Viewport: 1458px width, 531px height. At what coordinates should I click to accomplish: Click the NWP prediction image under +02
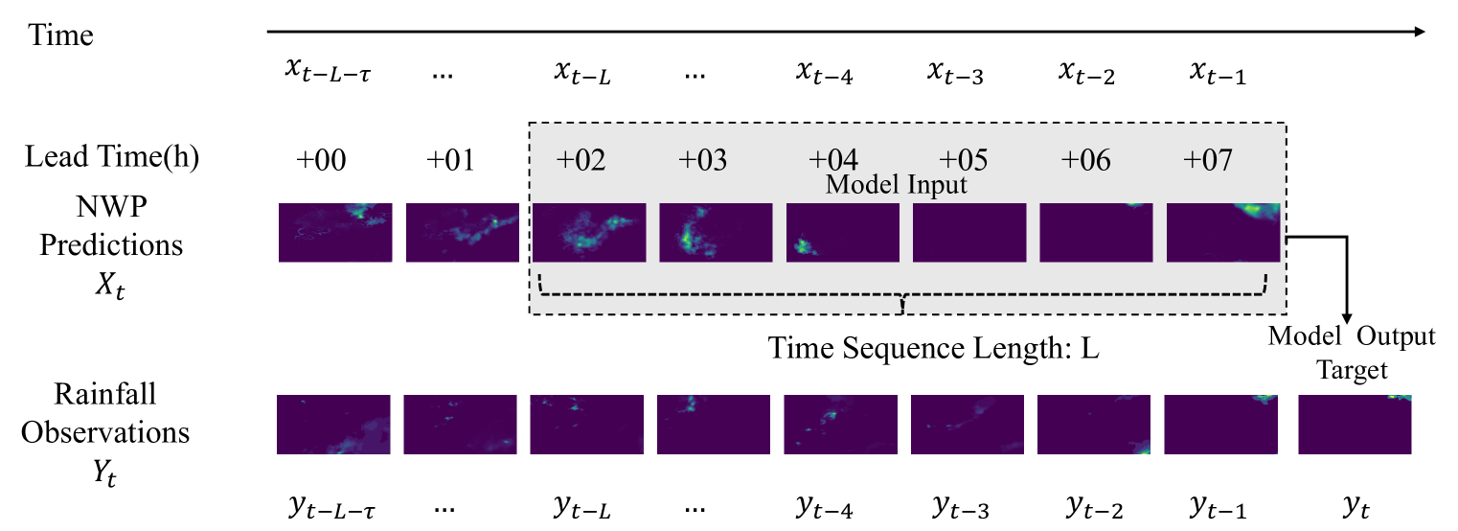(589, 232)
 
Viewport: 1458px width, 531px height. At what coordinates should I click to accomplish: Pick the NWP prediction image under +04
(843, 232)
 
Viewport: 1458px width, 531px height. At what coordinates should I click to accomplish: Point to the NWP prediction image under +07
(1223, 232)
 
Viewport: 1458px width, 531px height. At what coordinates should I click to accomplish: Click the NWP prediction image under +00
(335, 232)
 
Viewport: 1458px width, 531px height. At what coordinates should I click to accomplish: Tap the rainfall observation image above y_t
(1355, 424)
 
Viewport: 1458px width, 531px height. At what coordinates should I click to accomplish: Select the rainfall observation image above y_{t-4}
(840, 424)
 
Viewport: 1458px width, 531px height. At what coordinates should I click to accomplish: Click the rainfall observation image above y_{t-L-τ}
(333, 424)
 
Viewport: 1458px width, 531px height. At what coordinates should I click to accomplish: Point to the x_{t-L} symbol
(582, 73)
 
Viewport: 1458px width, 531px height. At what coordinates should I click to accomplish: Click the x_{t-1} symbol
(1217, 73)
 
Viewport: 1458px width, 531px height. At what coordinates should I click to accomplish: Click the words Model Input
(897, 185)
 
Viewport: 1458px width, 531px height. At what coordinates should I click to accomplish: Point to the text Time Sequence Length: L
(933, 348)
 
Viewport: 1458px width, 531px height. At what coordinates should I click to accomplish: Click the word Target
(1352, 369)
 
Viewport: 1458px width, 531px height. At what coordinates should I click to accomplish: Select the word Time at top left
(61, 36)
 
